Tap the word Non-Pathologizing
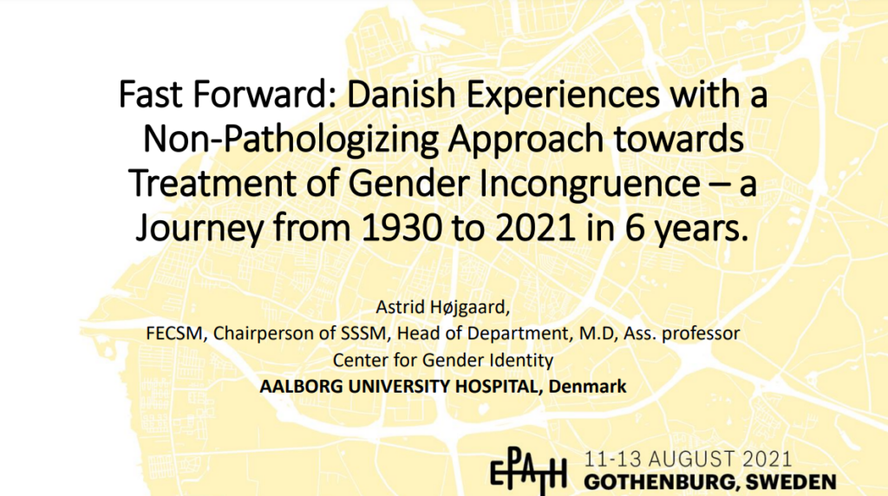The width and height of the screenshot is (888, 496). coord(291,140)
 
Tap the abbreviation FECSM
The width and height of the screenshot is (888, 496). coord(173,333)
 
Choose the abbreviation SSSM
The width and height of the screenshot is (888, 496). coord(363,333)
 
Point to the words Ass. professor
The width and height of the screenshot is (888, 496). coord(682,334)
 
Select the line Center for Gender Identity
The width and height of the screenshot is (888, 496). coord(443,360)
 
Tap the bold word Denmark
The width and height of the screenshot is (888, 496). coord(587,386)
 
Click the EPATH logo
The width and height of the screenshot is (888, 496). coord(528,470)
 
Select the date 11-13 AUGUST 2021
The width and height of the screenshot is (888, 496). coord(688,459)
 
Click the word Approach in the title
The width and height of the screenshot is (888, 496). coord(526,140)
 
